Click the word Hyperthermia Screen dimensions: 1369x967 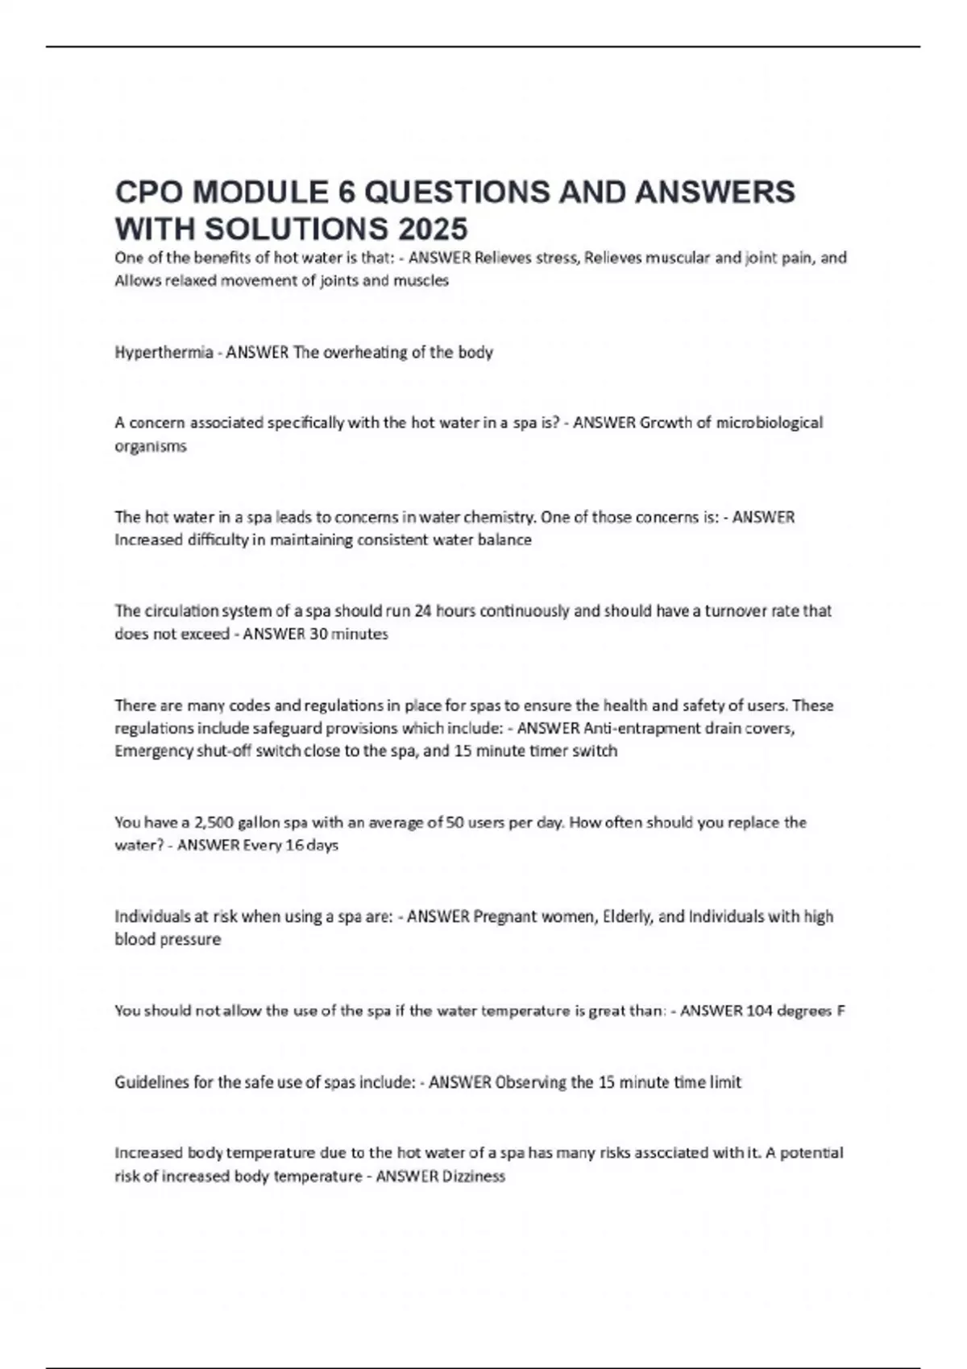pyautogui.click(x=164, y=353)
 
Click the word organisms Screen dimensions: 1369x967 pyautogui.click(x=151, y=446)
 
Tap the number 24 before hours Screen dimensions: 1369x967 pyautogui.click(x=423, y=611)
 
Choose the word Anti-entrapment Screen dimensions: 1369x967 pyautogui.click(x=635, y=729)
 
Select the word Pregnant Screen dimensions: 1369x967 pyautogui.click(x=503, y=916)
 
